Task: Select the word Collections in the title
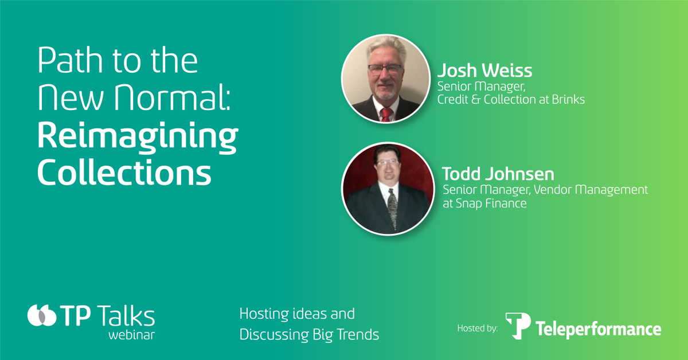click(124, 171)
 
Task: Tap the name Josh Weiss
click(484, 71)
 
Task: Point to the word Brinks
click(567, 99)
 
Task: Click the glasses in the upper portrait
click(385, 69)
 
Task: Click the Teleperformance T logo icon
click(517, 325)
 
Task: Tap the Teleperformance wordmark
click(599, 329)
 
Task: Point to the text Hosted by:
click(478, 328)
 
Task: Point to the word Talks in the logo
click(126, 316)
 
